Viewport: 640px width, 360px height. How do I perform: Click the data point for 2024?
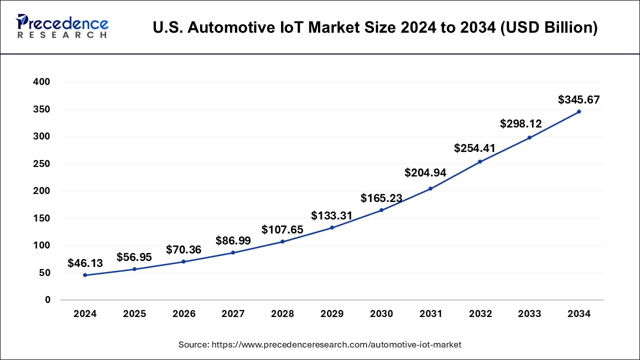tap(85, 275)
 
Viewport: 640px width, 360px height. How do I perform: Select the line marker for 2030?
tap(381, 210)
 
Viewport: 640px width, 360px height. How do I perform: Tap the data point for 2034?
tap(579, 111)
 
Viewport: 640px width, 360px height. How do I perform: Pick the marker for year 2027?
tap(233, 252)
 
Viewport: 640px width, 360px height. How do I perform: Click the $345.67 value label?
tap(579, 100)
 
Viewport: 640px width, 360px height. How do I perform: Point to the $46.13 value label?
tap(85, 263)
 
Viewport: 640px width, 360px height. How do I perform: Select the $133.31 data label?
tap(331, 216)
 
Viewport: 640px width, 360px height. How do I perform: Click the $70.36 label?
tap(183, 249)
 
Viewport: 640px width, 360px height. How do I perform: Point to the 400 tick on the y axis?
tap(41, 82)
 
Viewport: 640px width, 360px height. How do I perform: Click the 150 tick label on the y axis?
tap(41, 218)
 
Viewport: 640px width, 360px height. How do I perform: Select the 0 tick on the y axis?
tap(47, 300)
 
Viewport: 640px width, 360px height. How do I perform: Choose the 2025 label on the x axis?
tap(134, 314)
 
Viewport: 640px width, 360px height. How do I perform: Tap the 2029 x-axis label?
tap(332, 314)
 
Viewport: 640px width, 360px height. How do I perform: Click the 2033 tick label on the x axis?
tap(529, 314)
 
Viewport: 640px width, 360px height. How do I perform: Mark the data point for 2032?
tap(480, 161)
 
